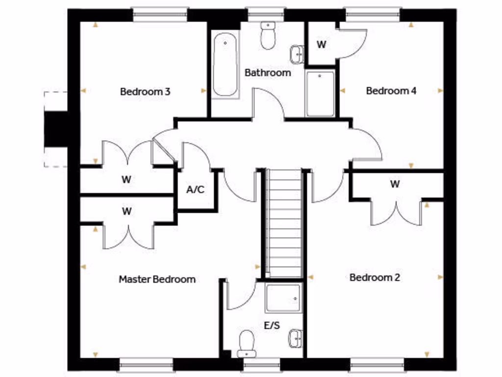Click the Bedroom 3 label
pos(145,91)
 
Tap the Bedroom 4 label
pos(391,90)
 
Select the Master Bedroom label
pos(157,279)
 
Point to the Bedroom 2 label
pos(375,277)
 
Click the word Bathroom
pos(268,73)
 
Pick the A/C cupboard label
pos(196,189)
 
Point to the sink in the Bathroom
pos(296,54)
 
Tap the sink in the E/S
pos(295,338)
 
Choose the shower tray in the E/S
pos(283,298)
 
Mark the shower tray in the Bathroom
pos(320,93)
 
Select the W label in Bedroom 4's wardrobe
pos(321,45)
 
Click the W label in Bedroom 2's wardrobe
pos(395,184)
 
